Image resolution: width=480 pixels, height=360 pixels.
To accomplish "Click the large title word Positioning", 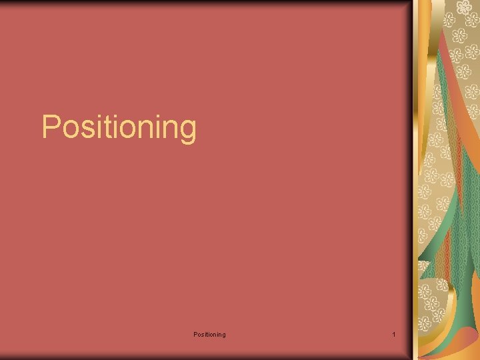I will (x=119, y=127).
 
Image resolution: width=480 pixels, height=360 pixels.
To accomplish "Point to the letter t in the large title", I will (x=105, y=127).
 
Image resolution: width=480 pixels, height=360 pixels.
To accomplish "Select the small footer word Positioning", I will (x=209, y=334).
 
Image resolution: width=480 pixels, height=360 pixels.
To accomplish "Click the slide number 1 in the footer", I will (x=394, y=334).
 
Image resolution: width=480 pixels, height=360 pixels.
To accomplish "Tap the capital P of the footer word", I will (x=195, y=334).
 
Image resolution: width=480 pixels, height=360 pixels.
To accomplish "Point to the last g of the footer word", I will (x=223, y=335).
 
